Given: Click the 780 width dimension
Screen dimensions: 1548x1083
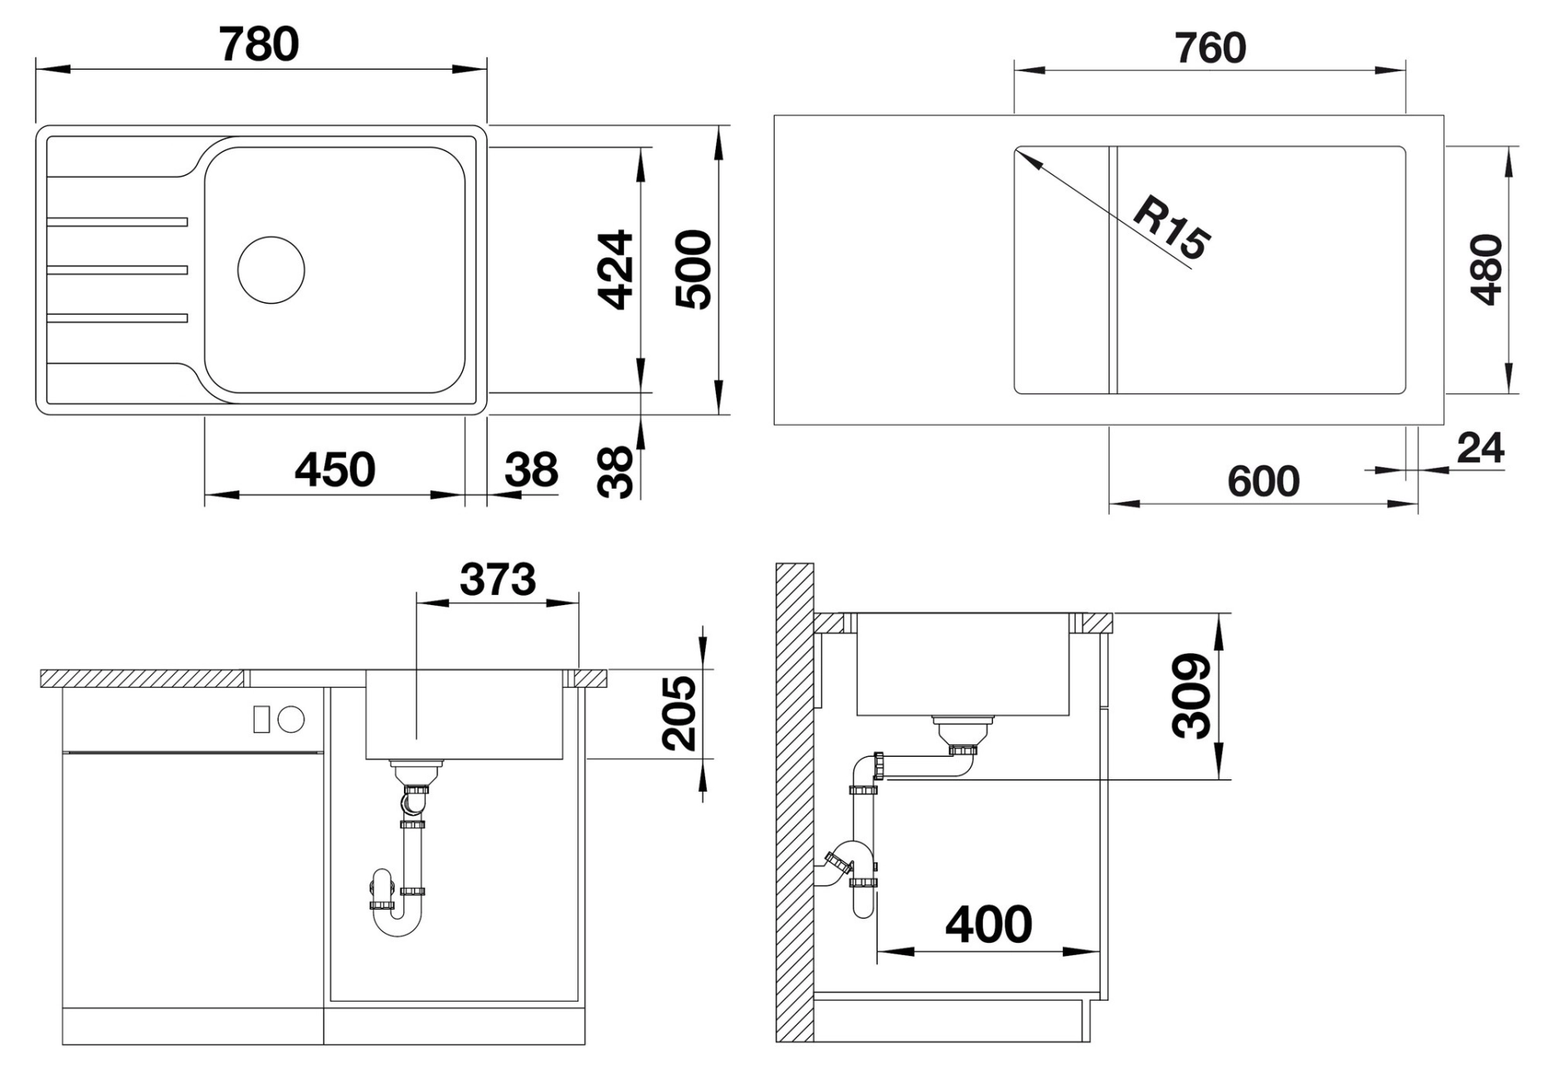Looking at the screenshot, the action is (259, 45).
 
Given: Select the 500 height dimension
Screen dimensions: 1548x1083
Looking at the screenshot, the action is (694, 270).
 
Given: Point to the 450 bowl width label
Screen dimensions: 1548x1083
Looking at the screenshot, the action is (335, 470).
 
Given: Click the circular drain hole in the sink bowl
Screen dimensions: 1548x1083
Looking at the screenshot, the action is (271, 270).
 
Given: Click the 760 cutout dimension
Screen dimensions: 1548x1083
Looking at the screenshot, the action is (1210, 48).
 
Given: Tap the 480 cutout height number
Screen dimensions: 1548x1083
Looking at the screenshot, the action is (1486, 270).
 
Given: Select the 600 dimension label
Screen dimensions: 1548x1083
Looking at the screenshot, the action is (1263, 481).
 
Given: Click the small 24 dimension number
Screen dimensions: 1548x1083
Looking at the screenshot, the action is (1481, 449).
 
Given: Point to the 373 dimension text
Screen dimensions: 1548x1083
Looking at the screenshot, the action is (498, 579).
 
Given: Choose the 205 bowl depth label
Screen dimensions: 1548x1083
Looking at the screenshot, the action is (679, 713).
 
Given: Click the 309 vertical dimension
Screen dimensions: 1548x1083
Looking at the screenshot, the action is (1192, 695).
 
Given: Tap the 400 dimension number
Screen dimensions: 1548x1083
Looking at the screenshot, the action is (989, 924).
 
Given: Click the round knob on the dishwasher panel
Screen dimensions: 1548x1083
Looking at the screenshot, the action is (291, 720).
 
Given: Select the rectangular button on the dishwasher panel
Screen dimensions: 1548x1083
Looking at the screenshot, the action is (261, 720).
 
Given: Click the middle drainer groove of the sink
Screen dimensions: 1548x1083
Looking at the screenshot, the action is (118, 270).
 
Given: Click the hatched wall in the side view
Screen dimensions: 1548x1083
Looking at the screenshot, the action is (794, 802).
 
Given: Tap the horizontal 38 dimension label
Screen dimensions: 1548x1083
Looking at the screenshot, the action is (531, 471).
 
